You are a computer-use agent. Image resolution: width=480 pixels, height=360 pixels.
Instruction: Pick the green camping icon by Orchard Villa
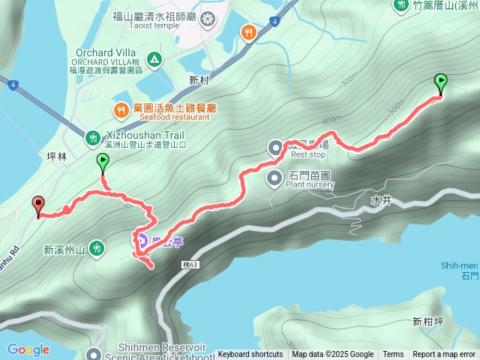[154, 58]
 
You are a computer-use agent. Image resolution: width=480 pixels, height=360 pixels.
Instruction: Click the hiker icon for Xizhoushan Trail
[93, 137]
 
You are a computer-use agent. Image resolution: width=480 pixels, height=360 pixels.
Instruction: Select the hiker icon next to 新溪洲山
[97, 248]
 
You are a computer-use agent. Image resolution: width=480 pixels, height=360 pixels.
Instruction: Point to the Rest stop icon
[275, 148]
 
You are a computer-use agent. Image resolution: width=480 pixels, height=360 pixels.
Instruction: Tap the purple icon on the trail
[142, 241]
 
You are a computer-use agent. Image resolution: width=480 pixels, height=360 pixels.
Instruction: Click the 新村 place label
[199, 79]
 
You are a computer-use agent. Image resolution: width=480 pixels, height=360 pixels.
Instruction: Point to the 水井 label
[381, 200]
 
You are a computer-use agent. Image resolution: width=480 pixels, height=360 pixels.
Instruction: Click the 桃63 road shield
[190, 265]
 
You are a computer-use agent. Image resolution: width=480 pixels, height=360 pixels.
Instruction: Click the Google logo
[28, 349]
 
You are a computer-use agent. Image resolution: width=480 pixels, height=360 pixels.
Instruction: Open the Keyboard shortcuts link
[250, 355]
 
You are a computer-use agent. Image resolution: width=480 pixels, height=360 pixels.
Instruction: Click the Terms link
[393, 355]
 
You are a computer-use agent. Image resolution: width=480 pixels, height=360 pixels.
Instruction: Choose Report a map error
[445, 355]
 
